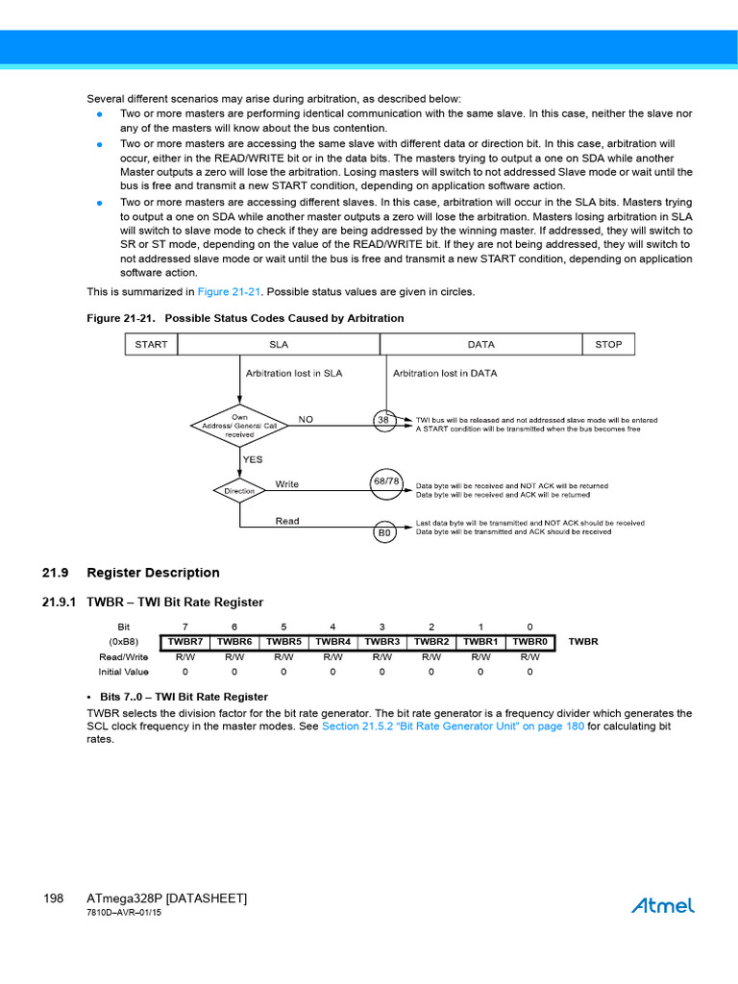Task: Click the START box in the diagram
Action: pyautogui.click(x=151, y=344)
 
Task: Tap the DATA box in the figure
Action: pyautogui.click(x=480, y=344)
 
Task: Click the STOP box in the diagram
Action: pyautogui.click(x=608, y=344)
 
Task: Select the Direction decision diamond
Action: pyautogui.click(x=239, y=490)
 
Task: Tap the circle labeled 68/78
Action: pyautogui.click(x=386, y=480)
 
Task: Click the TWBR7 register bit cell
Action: pyautogui.click(x=185, y=641)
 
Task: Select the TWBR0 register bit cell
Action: pyautogui.click(x=529, y=641)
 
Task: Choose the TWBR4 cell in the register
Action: pyautogui.click(x=332, y=641)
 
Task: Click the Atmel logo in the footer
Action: pyautogui.click(x=662, y=905)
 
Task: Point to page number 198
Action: pyautogui.click(x=53, y=898)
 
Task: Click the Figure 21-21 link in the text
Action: pyautogui.click(x=229, y=291)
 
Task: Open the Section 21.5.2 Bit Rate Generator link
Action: pyautogui.click(x=453, y=726)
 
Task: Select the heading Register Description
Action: pyautogui.click(x=153, y=573)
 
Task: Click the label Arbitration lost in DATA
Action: pyautogui.click(x=446, y=373)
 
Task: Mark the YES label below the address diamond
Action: pyautogui.click(x=253, y=459)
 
